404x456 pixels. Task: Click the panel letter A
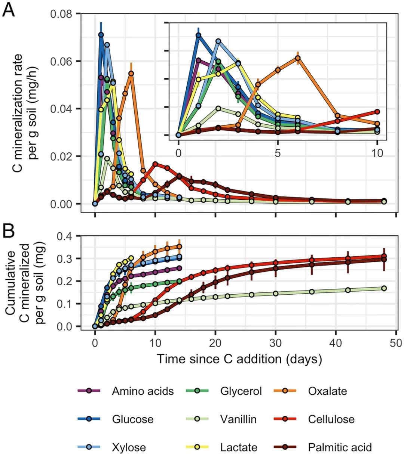(x=9, y=10)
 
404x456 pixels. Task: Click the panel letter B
(x=9, y=231)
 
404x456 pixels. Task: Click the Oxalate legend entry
(x=327, y=391)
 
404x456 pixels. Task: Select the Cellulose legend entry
(x=331, y=419)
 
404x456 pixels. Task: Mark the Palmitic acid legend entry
(x=340, y=447)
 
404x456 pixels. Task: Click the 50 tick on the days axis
(x=396, y=342)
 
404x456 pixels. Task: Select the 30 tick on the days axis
(x=276, y=342)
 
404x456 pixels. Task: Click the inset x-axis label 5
(x=278, y=153)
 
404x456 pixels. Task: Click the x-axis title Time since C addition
(x=239, y=359)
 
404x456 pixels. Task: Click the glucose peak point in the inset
(x=199, y=35)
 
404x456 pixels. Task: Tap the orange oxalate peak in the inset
(x=298, y=58)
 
